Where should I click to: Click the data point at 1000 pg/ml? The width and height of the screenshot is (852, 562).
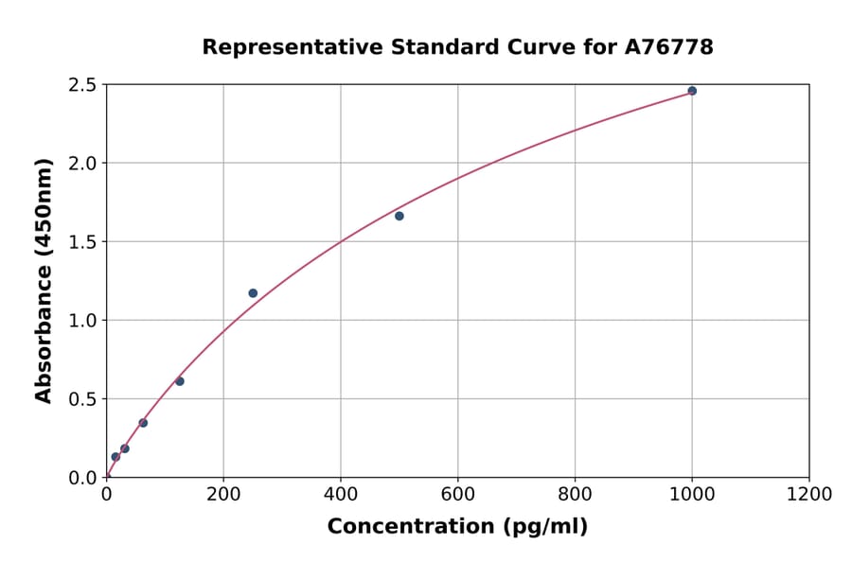[x=692, y=91]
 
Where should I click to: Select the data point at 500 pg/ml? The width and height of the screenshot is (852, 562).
[x=399, y=216]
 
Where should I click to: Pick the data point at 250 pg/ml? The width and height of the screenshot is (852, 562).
[x=253, y=293]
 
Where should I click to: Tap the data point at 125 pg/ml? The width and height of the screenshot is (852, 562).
[x=180, y=381]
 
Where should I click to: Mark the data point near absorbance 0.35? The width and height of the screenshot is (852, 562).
[x=143, y=423]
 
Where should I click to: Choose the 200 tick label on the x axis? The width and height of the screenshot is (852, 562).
[x=223, y=495]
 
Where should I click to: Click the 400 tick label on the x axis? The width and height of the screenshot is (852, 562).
[x=341, y=495]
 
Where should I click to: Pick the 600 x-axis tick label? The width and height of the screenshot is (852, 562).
[x=458, y=495]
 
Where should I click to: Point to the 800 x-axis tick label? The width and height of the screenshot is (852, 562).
[x=575, y=495]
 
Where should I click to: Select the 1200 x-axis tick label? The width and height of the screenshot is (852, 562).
[x=809, y=495]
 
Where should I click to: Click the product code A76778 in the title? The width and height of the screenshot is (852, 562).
[x=669, y=47]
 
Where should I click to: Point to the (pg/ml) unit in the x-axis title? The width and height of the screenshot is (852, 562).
[x=544, y=527]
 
